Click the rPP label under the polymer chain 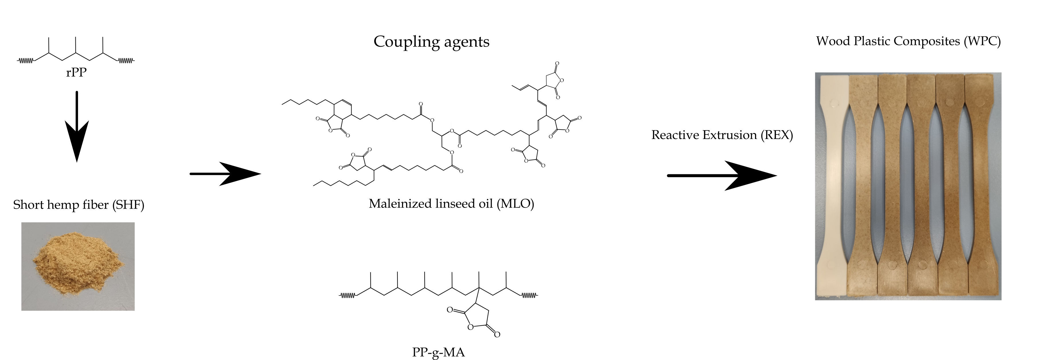(76, 73)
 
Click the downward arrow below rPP (77, 129)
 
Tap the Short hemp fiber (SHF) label (79, 205)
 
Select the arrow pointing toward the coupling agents (226, 174)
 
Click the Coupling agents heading (431, 42)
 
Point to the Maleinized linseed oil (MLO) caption (451, 204)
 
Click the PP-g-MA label (438, 352)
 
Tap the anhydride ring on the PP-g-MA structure (476, 319)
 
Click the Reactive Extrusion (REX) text (722, 135)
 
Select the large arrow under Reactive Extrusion (723, 176)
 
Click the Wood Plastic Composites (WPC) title (908, 41)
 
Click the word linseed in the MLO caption (455, 204)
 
